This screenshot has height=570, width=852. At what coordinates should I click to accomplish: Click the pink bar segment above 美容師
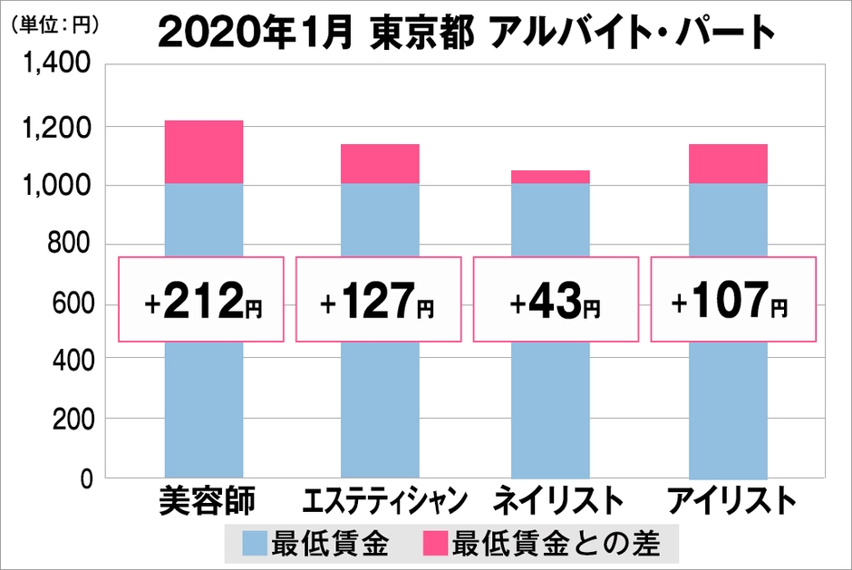(x=204, y=152)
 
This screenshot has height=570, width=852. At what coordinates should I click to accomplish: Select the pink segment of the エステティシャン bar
(x=380, y=163)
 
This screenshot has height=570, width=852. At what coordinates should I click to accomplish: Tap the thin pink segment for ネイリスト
(x=550, y=177)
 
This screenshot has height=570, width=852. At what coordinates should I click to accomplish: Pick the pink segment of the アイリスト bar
(x=729, y=163)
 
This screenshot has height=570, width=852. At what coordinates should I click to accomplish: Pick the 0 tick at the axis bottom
(x=85, y=478)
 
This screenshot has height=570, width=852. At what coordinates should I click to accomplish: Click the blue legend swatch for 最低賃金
(x=256, y=544)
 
